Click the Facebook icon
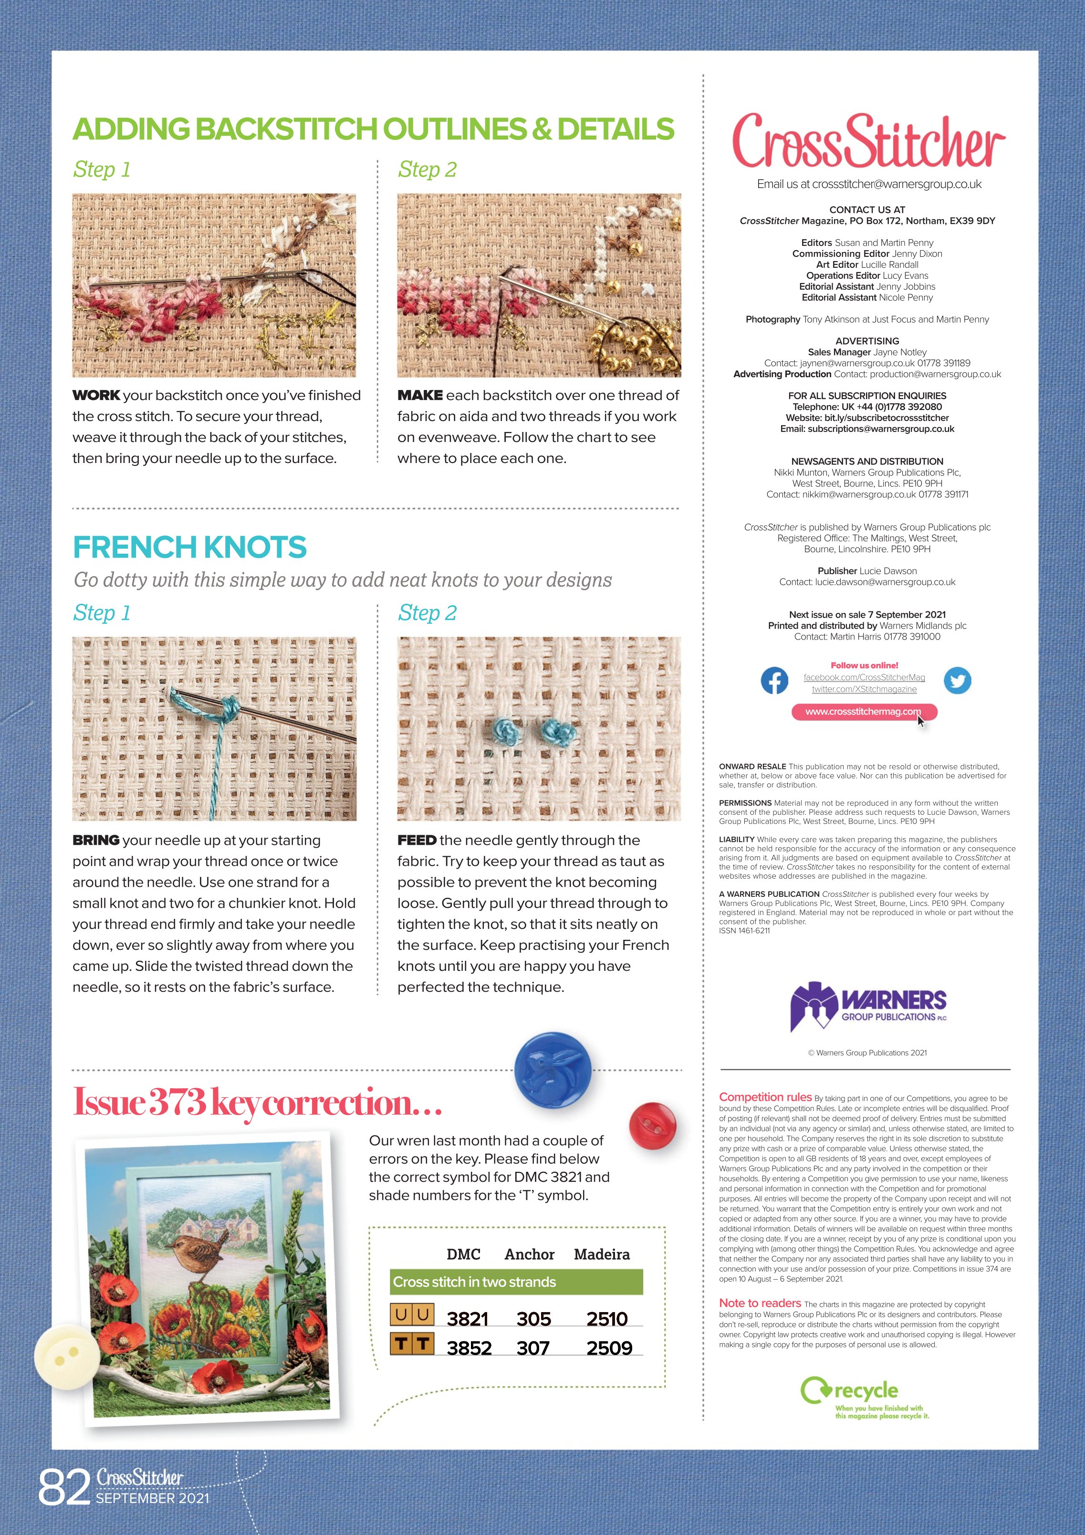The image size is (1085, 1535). point(774,681)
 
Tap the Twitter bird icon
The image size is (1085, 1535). point(957,681)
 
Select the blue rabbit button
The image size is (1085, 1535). point(552,1069)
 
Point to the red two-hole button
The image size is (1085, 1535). point(652,1126)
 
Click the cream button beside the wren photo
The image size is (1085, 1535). point(67,1357)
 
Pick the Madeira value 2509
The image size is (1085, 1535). point(608,1348)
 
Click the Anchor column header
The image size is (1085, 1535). point(530,1254)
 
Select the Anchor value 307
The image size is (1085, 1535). point(533,1348)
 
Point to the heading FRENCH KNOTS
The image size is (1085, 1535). point(189,547)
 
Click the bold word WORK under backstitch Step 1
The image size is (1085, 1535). point(96,395)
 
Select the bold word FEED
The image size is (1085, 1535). point(417,841)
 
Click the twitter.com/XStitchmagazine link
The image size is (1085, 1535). point(864,689)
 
